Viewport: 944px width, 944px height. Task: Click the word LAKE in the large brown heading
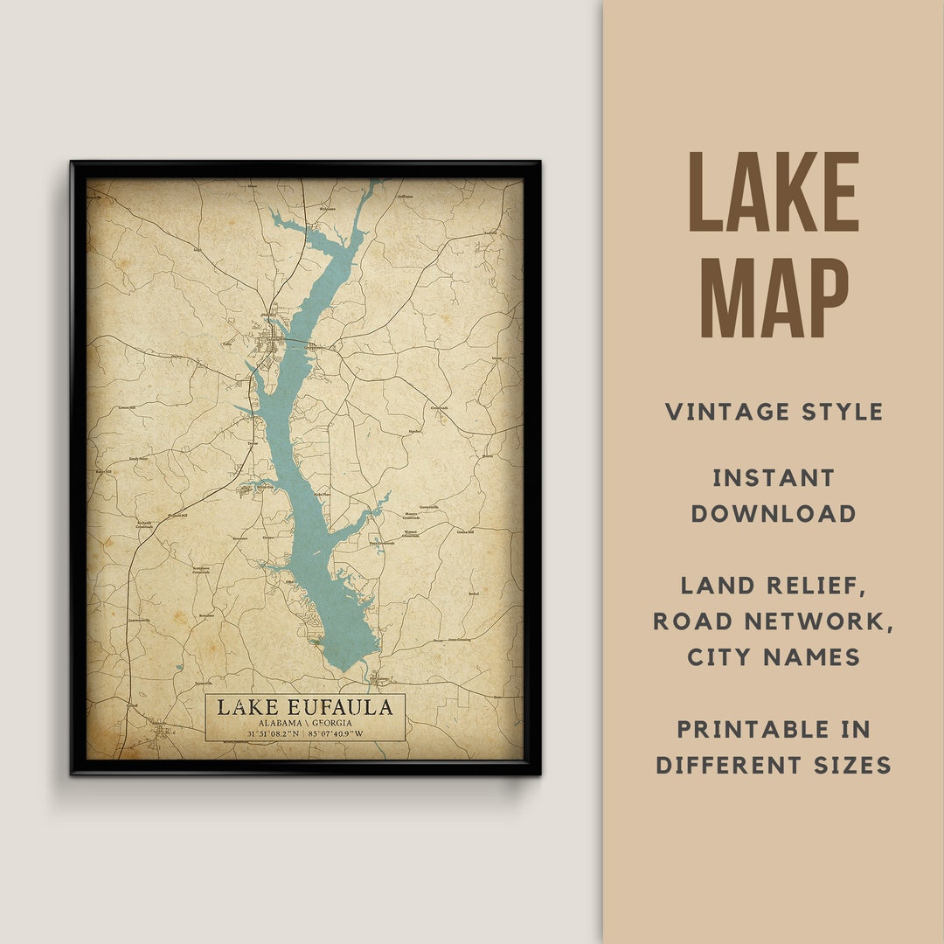tap(774, 193)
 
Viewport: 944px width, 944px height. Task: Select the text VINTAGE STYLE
tap(774, 412)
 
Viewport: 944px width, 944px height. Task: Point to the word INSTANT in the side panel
tap(774, 478)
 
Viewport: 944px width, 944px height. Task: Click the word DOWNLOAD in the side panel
tap(774, 514)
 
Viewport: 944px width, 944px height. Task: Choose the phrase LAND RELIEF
tap(774, 587)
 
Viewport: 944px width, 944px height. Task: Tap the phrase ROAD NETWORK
tap(774, 621)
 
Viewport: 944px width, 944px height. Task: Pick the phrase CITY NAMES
tap(774, 657)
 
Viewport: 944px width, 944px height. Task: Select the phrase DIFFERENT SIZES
tap(774, 766)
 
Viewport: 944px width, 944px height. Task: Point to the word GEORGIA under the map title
tap(331, 724)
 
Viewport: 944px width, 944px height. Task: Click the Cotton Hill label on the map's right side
tap(464, 531)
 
